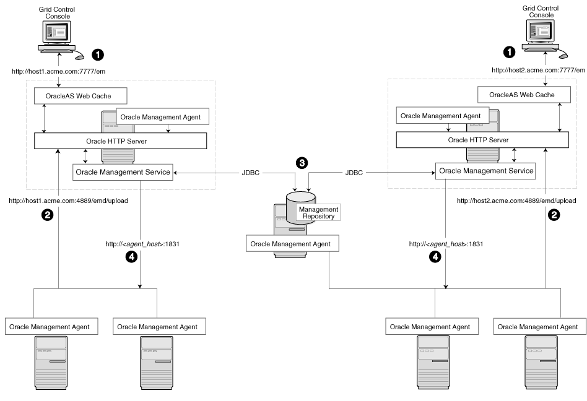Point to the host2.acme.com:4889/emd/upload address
tap(516, 200)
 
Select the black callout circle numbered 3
tap(302, 163)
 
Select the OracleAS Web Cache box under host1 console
tap(80, 96)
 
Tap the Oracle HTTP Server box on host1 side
tap(120, 140)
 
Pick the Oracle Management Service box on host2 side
tap(485, 170)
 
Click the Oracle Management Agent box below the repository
tap(289, 244)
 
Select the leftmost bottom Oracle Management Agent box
tap(48, 326)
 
